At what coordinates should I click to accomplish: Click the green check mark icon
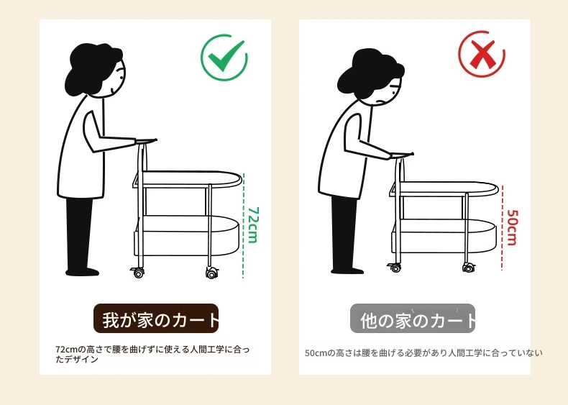point(225,58)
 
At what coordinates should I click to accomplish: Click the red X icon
point(482,55)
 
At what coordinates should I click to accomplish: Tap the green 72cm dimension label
point(253,225)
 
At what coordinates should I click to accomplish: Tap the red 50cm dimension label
point(512,227)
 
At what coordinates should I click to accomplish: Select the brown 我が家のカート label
point(156,319)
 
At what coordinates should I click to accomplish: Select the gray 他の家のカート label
point(413,319)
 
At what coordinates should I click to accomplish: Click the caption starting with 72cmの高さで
point(152,354)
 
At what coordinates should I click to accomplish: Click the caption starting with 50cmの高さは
point(423,352)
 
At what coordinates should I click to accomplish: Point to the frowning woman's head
point(370,77)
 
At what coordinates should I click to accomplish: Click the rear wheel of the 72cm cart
point(138,273)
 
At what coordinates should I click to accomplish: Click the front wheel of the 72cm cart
point(212,273)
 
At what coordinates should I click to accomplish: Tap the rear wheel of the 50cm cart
point(395,268)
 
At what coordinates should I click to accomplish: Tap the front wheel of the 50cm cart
point(468,268)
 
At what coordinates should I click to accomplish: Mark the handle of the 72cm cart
point(146,141)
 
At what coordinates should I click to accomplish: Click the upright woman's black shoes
point(82,272)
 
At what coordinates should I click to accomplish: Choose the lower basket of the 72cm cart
point(186,236)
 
